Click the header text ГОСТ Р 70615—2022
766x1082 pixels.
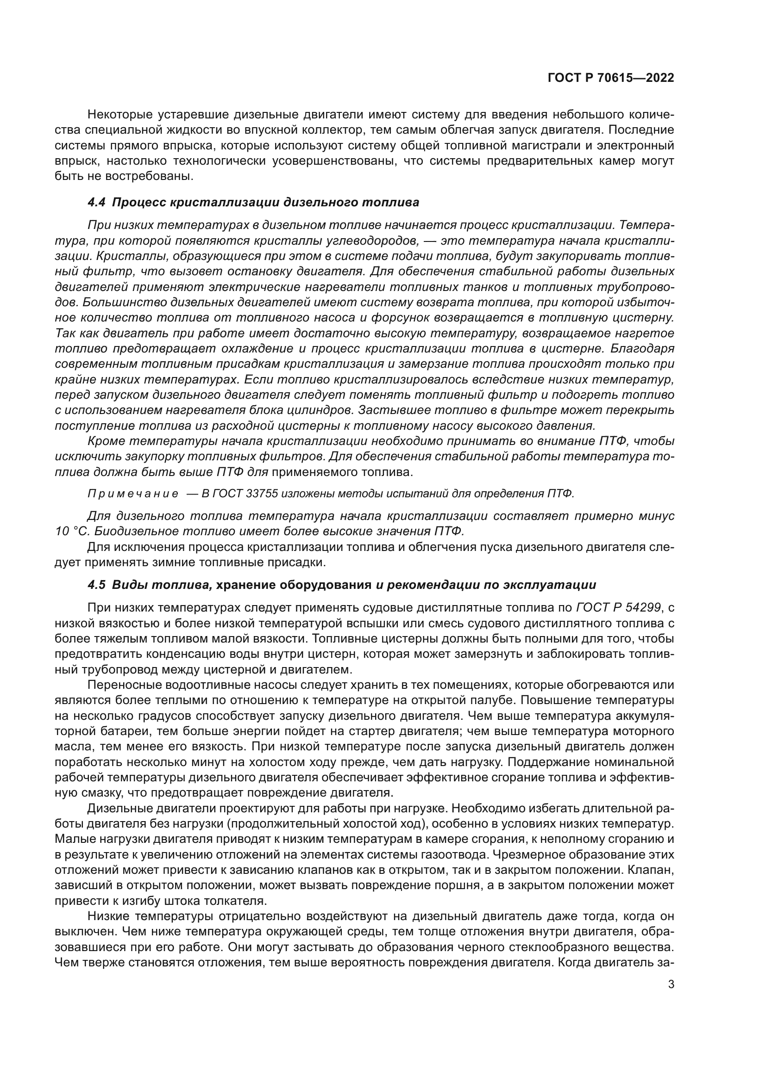coord(610,78)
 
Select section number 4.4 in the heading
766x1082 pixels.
coord(97,203)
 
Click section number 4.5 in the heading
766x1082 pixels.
coord(97,585)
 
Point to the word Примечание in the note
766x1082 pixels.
coord(133,494)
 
